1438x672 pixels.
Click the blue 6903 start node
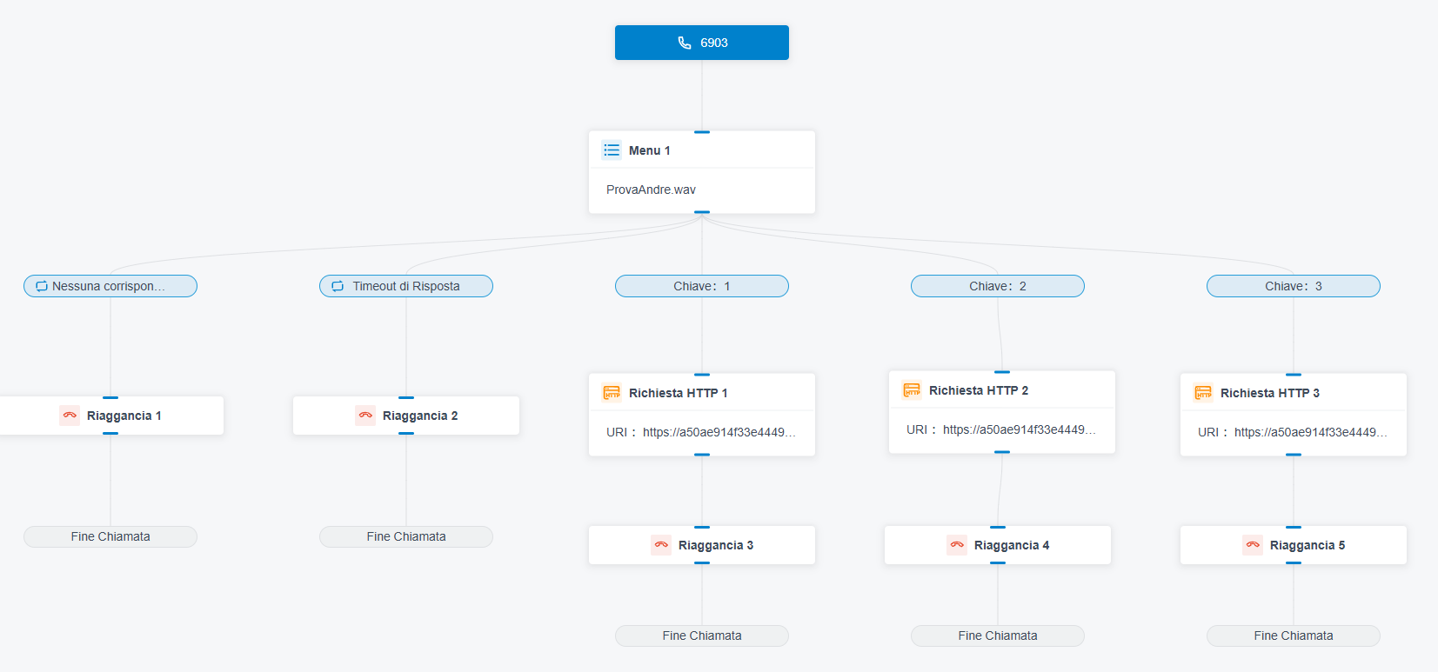pyautogui.click(x=702, y=43)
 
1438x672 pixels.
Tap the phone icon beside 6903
pyautogui.click(x=685, y=43)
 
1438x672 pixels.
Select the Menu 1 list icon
pyautogui.click(x=612, y=150)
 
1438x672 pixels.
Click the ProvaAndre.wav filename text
pyautogui.click(x=651, y=190)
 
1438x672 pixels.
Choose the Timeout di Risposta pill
pyautogui.click(x=406, y=286)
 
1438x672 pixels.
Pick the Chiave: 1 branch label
pyautogui.click(x=702, y=286)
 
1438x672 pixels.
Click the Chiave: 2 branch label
pyautogui.click(x=998, y=286)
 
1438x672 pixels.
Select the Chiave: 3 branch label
pyautogui.click(x=1294, y=286)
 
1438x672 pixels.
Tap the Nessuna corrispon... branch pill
pyautogui.click(x=110, y=286)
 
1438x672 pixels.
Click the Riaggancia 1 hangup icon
pyautogui.click(x=70, y=416)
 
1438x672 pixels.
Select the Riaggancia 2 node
pyautogui.click(x=406, y=416)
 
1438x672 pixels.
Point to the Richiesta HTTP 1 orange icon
pyautogui.click(x=612, y=392)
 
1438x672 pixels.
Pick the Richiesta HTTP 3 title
pyautogui.click(x=1270, y=393)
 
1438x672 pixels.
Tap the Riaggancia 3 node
pyautogui.click(x=702, y=545)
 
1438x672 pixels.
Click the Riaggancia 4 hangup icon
pyautogui.click(x=957, y=545)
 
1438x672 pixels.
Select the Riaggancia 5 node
pyautogui.click(x=1294, y=545)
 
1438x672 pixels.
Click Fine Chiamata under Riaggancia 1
pyautogui.click(x=110, y=536)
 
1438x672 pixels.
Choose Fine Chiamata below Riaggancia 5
pyautogui.click(x=1294, y=635)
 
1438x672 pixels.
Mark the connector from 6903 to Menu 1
pyautogui.click(x=702, y=96)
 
